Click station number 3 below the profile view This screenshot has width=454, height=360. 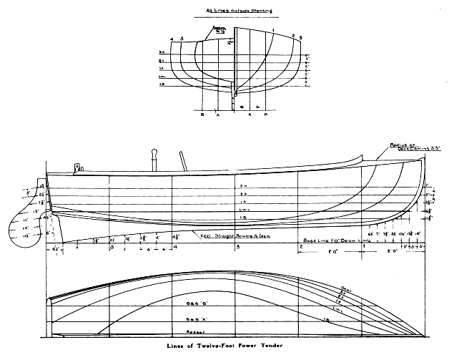pyautogui.click(x=238, y=247)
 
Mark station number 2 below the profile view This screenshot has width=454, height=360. pyautogui.click(x=301, y=247)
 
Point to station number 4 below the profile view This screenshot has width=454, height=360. pyautogui.click(x=175, y=247)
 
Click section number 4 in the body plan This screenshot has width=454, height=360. pyautogui.click(x=172, y=39)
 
